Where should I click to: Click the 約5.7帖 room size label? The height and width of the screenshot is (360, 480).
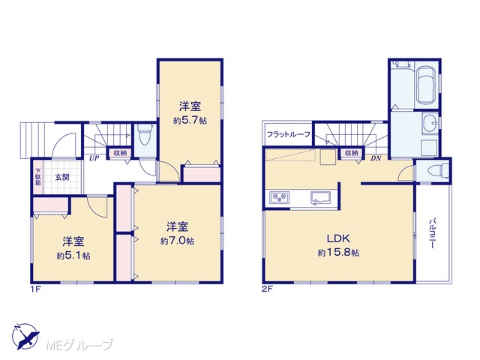[190, 120]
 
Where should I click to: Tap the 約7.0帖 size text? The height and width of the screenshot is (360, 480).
[177, 241]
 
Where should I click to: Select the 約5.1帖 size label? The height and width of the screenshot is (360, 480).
[73, 255]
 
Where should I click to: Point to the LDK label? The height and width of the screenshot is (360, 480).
[338, 238]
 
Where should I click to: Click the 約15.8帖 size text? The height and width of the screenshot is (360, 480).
[338, 253]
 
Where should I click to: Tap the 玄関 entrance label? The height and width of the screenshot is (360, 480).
[62, 177]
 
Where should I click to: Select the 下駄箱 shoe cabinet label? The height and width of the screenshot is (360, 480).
[38, 177]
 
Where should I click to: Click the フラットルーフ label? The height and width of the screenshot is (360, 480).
[288, 134]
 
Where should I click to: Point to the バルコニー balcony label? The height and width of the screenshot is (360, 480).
[432, 233]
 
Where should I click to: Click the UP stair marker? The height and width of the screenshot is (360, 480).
[94, 158]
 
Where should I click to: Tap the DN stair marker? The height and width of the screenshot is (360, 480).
[376, 158]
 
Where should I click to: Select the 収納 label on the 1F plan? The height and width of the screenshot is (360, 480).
[120, 152]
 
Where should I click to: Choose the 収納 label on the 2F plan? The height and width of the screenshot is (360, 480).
[351, 152]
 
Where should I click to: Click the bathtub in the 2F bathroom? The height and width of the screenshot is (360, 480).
[426, 85]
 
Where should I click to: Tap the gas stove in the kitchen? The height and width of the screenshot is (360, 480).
[279, 197]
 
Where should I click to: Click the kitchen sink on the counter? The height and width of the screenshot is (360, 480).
[320, 197]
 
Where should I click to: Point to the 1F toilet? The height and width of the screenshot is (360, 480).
[145, 135]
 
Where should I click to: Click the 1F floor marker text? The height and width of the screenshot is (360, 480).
[35, 289]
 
